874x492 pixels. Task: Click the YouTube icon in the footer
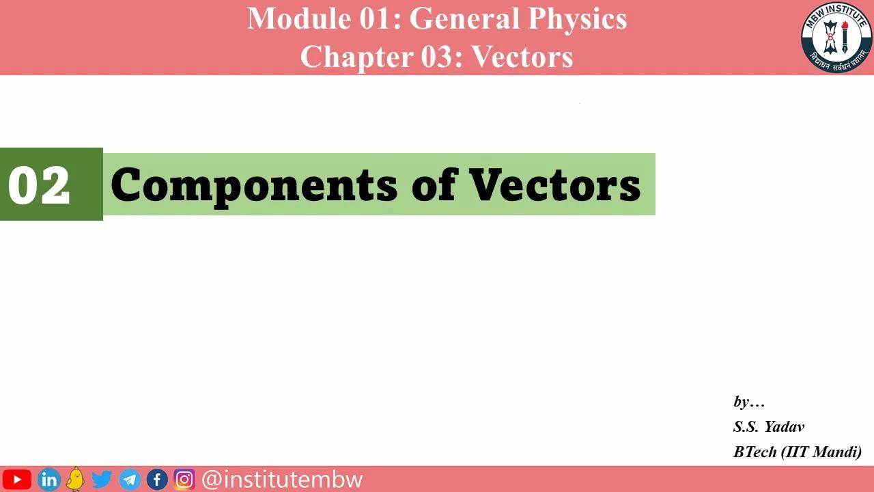(x=17, y=479)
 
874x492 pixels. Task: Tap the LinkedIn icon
(x=48, y=479)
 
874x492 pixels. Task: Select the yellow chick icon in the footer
(x=75, y=478)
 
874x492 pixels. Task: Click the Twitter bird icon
(x=102, y=479)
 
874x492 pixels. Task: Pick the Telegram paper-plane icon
(x=130, y=479)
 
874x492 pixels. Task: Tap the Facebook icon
(x=157, y=479)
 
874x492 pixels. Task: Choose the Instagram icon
(x=184, y=479)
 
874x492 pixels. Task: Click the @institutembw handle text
(x=282, y=479)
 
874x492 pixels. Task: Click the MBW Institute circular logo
(x=836, y=37)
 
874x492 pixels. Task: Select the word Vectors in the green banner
(x=554, y=184)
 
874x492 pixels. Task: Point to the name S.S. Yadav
(x=769, y=426)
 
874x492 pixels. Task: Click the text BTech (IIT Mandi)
(x=797, y=452)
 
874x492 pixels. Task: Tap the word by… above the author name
(x=748, y=402)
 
